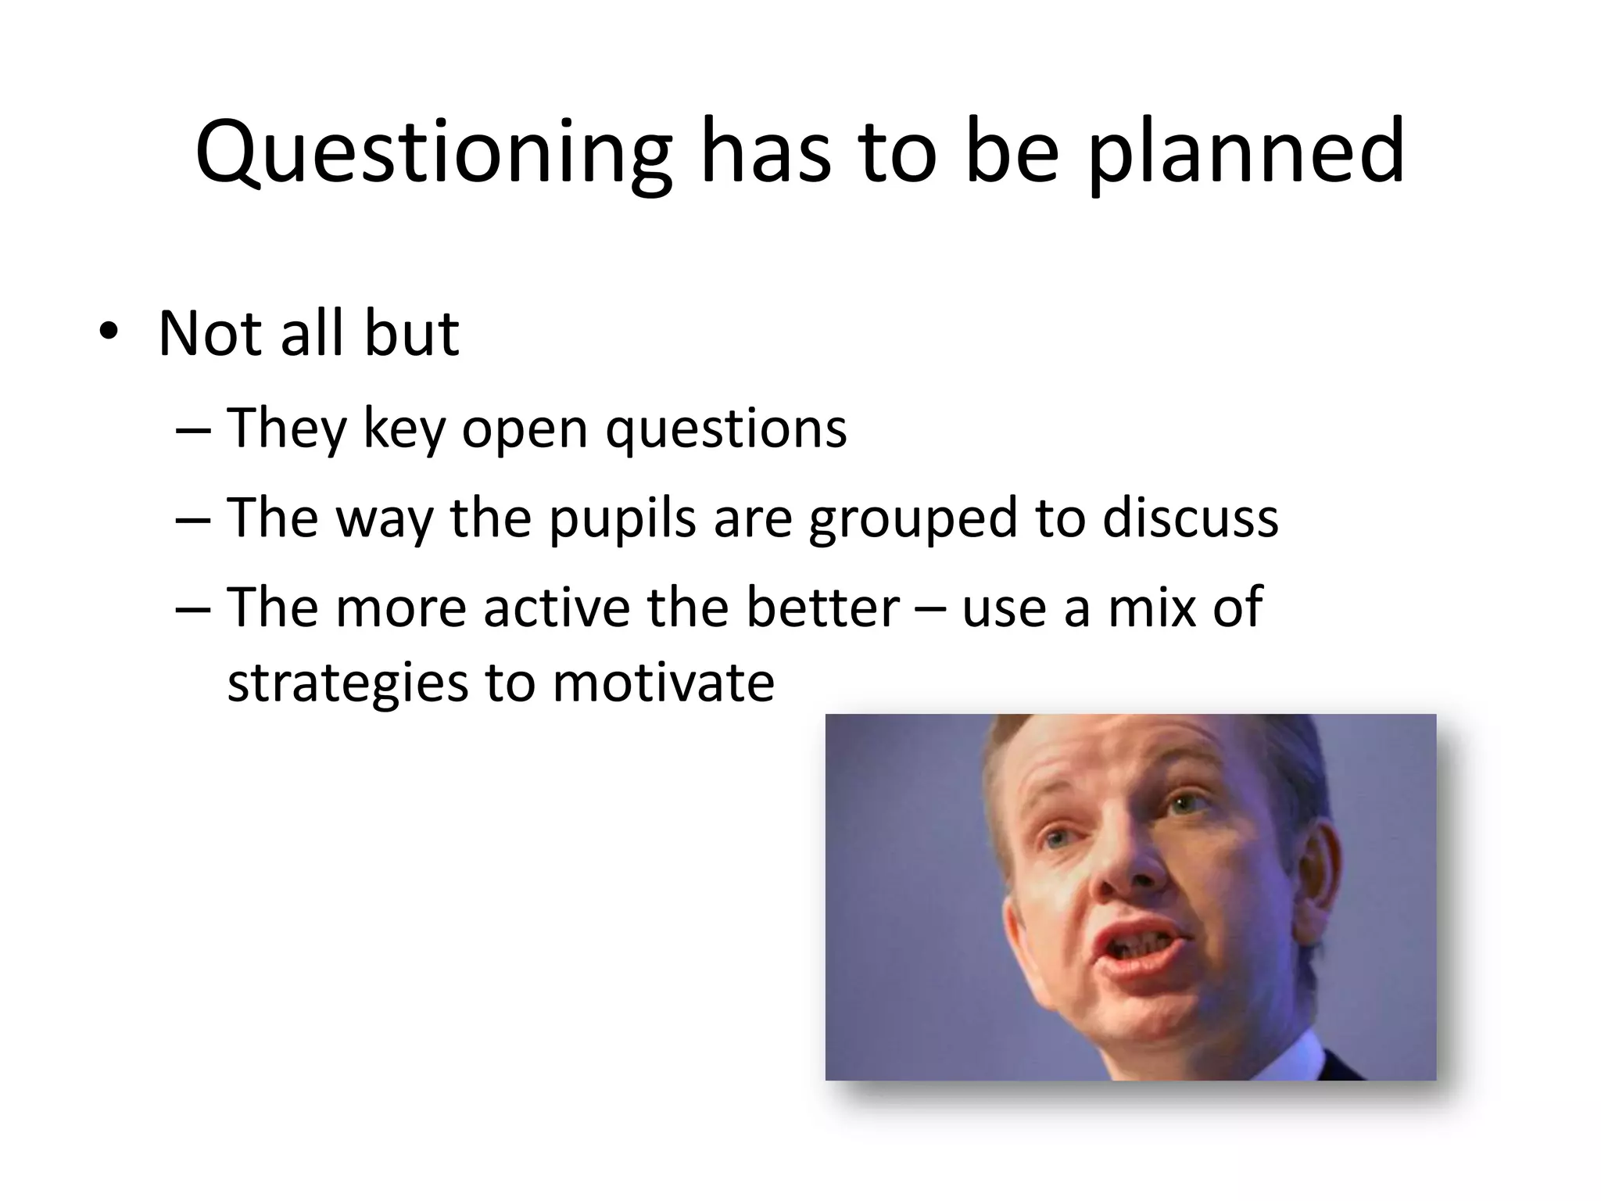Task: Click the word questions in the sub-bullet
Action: point(725,429)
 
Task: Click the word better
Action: point(822,608)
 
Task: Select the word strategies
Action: point(347,683)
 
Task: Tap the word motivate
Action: point(663,683)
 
